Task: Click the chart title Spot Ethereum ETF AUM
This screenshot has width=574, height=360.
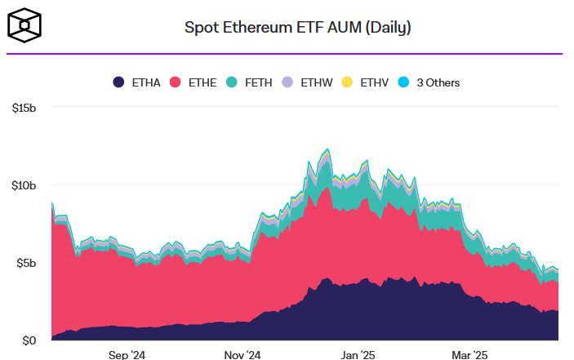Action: pos(297,28)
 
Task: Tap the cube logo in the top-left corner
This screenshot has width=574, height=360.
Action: pos(25,26)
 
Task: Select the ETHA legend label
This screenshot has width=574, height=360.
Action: pos(145,82)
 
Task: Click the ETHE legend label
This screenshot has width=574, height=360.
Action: pos(202,82)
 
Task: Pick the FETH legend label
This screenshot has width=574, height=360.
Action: pos(258,82)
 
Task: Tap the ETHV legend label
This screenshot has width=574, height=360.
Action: pos(373,82)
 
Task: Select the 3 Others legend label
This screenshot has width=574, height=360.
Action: pos(438,82)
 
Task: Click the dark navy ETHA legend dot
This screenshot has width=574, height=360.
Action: pos(118,82)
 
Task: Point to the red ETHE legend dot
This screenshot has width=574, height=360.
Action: pos(175,82)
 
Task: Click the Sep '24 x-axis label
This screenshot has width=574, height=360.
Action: pos(127,355)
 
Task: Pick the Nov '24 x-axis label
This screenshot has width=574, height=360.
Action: pos(243,355)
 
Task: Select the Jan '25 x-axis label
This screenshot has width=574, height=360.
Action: pos(357,355)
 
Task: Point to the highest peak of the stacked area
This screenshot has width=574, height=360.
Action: pos(327,149)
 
